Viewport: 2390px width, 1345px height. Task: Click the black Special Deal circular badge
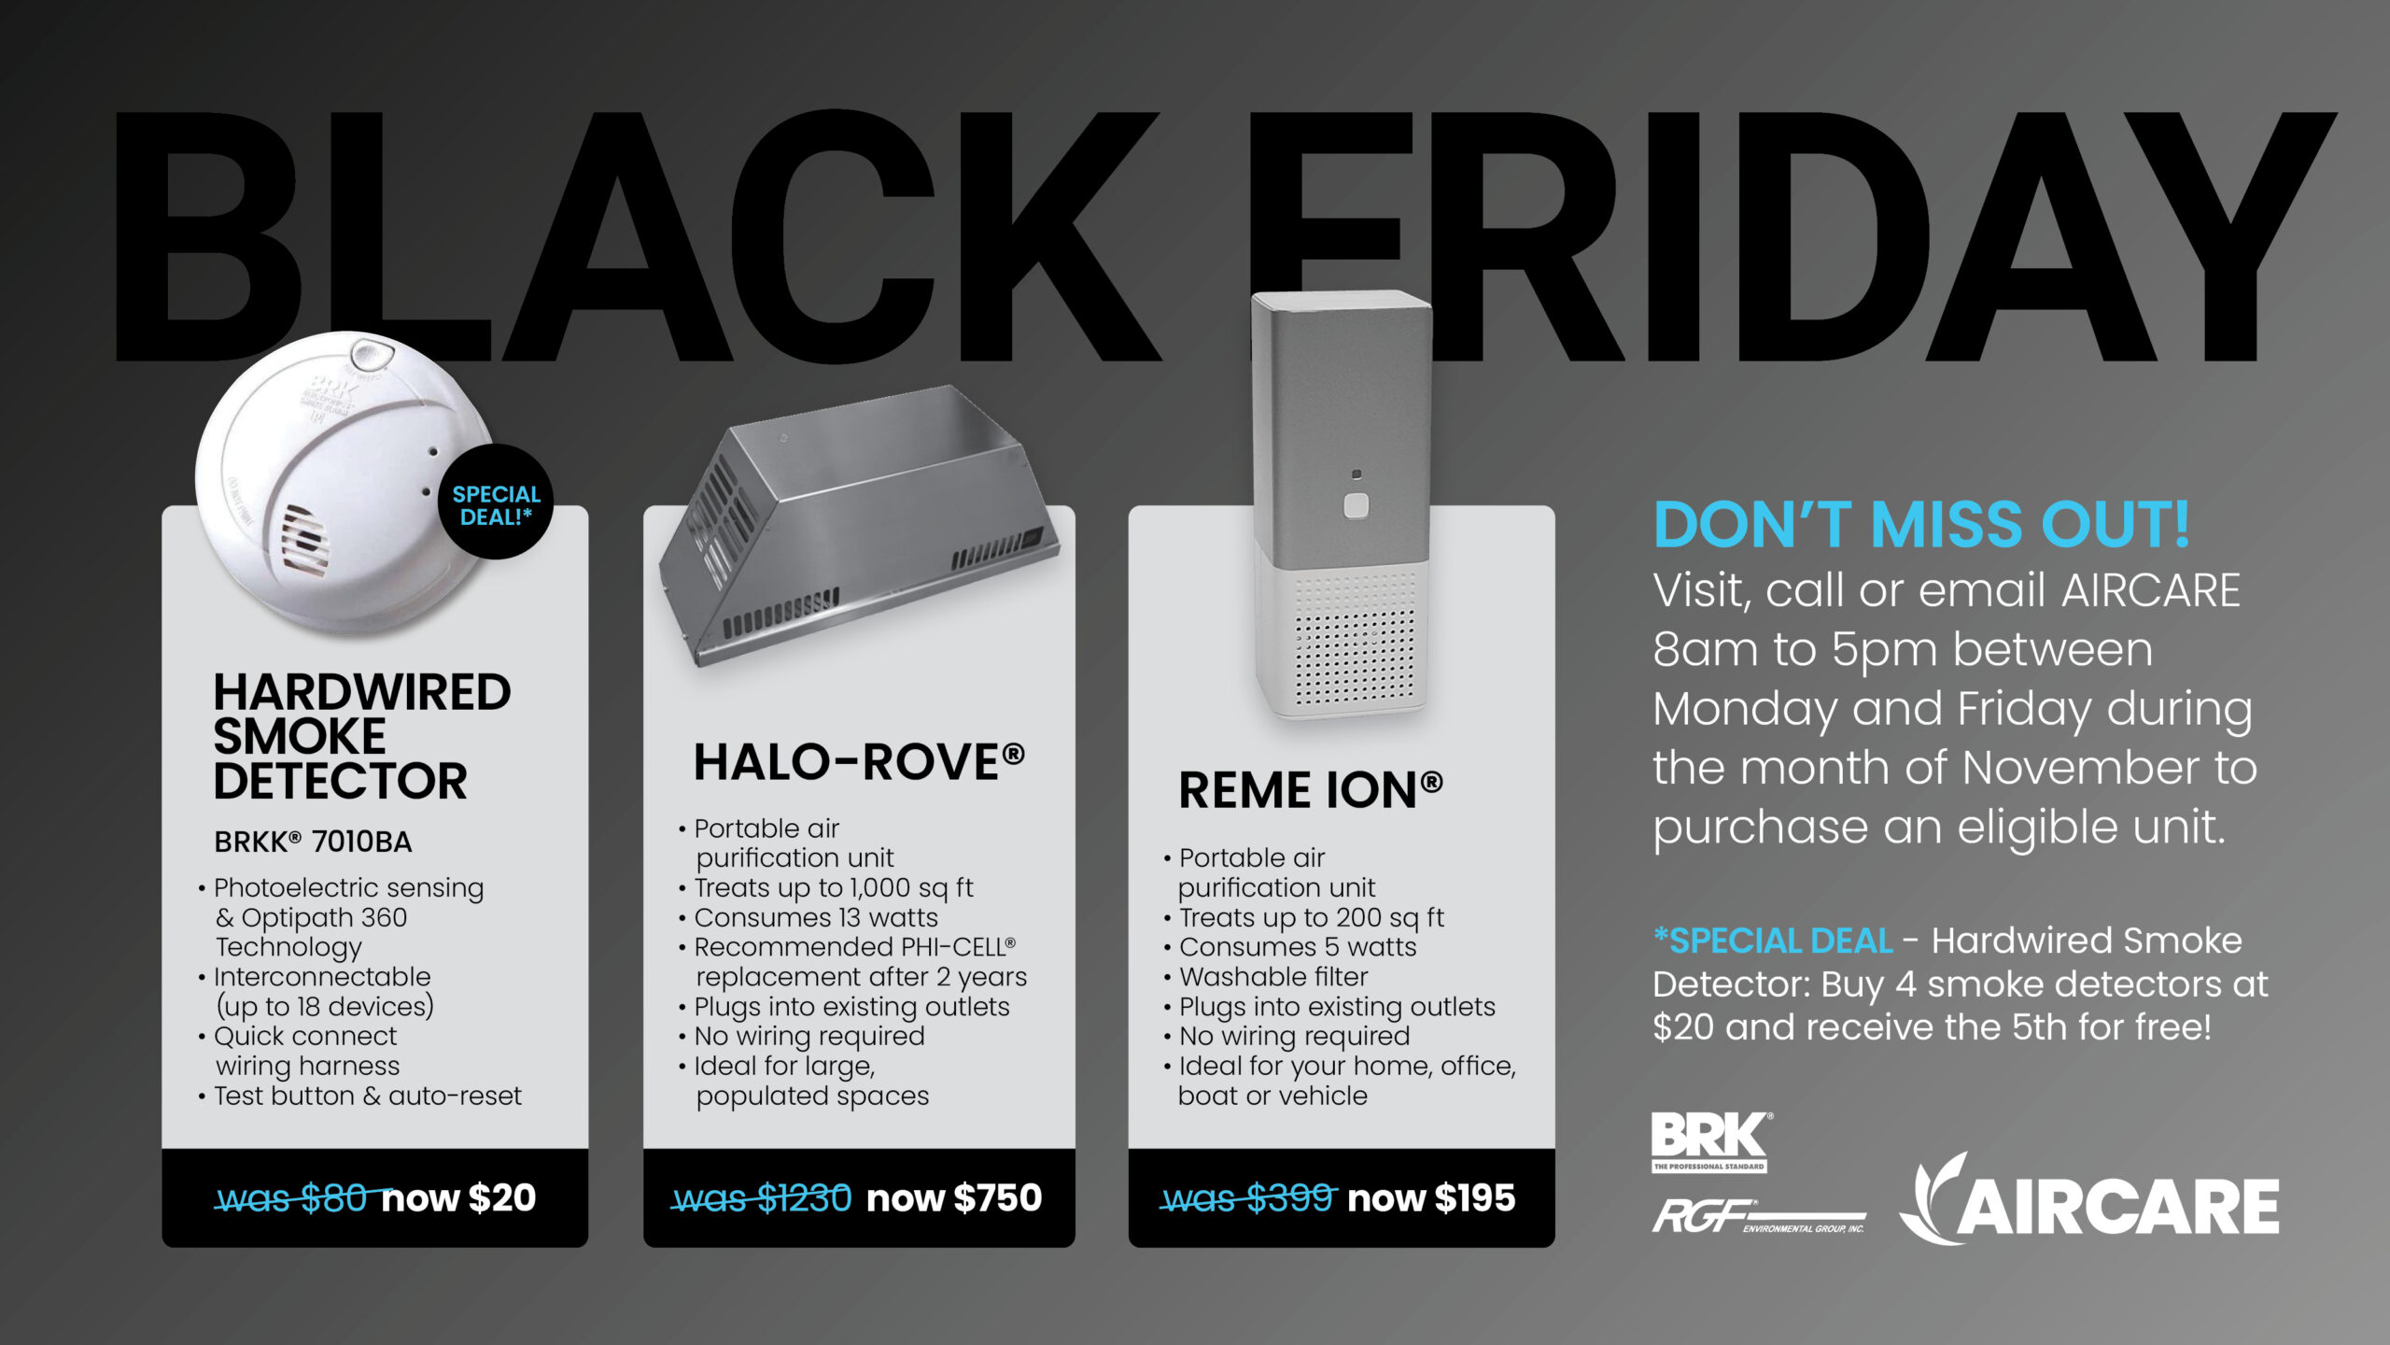(x=496, y=503)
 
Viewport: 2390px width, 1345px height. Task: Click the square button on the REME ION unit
(x=1356, y=506)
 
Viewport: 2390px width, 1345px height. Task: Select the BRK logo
(x=1710, y=1140)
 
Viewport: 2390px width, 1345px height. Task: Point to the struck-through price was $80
(x=292, y=1198)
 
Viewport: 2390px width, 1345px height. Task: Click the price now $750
(x=954, y=1198)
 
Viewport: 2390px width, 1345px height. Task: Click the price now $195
(x=1431, y=1198)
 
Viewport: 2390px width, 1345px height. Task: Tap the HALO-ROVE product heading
(x=859, y=762)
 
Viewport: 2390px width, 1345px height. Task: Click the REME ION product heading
(x=1311, y=791)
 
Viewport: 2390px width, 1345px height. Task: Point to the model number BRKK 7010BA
(x=313, y=842)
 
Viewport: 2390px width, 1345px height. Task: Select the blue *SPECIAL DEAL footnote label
(x=1772, y=941)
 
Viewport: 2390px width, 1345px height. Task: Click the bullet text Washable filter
(x=1273, y=977)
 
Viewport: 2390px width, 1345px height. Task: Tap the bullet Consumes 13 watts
(x=816, y=918)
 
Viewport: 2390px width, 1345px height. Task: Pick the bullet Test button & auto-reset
(x=368, y=1096)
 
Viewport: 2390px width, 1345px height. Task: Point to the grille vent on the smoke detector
(x=304, y=540)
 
